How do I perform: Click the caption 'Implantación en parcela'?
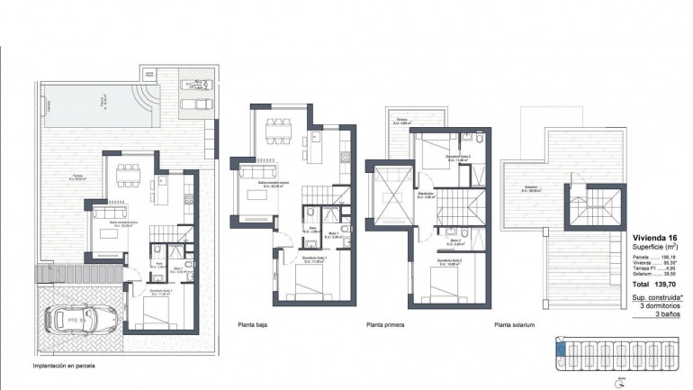(x=63, y=367)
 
